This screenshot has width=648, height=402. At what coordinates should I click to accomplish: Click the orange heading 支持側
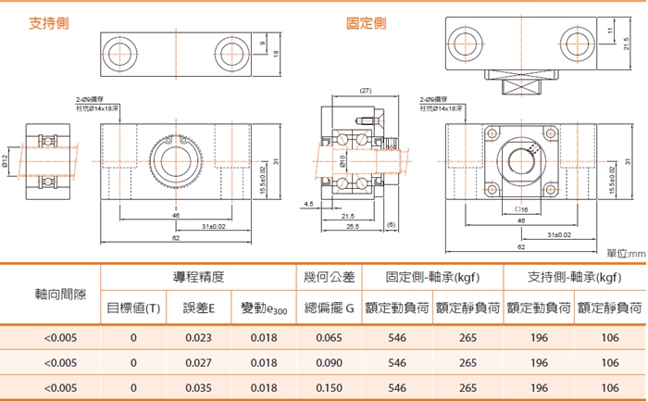click(x=50, y=22)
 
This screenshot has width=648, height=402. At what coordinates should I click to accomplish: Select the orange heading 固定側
click(x=366, y=22)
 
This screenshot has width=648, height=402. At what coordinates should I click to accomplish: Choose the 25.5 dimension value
click(x=353, y=226)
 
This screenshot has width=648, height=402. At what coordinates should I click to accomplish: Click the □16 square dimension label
click(x=520, y=210)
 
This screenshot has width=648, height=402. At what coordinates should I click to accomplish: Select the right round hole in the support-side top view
click(x=231, y=50)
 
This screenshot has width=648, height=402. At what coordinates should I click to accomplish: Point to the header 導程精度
click(x=198, y=277)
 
